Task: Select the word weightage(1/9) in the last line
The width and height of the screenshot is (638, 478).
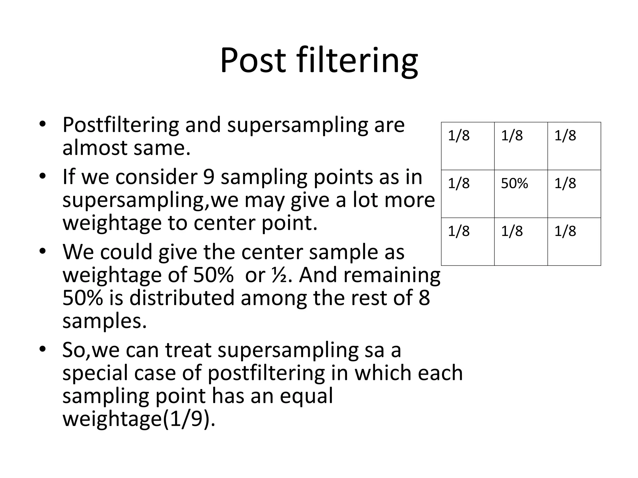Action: pos(139,419)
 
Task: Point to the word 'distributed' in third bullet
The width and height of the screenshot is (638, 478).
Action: pos(181,298)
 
